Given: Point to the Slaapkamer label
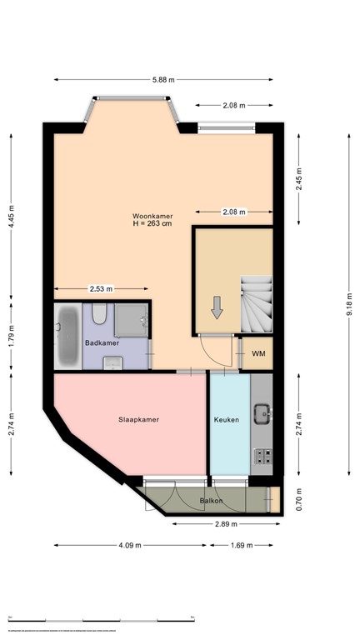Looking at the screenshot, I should pyautogui.click(x=132, y=420).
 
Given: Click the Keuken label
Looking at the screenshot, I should pyautogui.click(x=227, y=420).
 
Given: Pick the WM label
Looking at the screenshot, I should pyautogui.click(x=258, y=354).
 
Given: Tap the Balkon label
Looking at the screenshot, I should pyautogui.click(x=210, y=501).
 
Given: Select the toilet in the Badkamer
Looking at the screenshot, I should pyautogui.click(x=99, y=314).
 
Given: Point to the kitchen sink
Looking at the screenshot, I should pyautogui.click(x=262, y=412).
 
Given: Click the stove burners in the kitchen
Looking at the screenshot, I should pyautogui.click(x=262, y=457).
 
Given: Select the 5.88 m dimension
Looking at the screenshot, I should pyautogui.click(x=163, y=79).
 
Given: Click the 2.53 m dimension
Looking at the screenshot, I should pyautogui.click(x=102, y=289).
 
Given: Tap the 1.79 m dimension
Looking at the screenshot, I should pyautogui.click(x=12, y=335).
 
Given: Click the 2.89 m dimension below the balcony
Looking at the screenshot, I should pyautogui.click(x=225, y=524).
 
